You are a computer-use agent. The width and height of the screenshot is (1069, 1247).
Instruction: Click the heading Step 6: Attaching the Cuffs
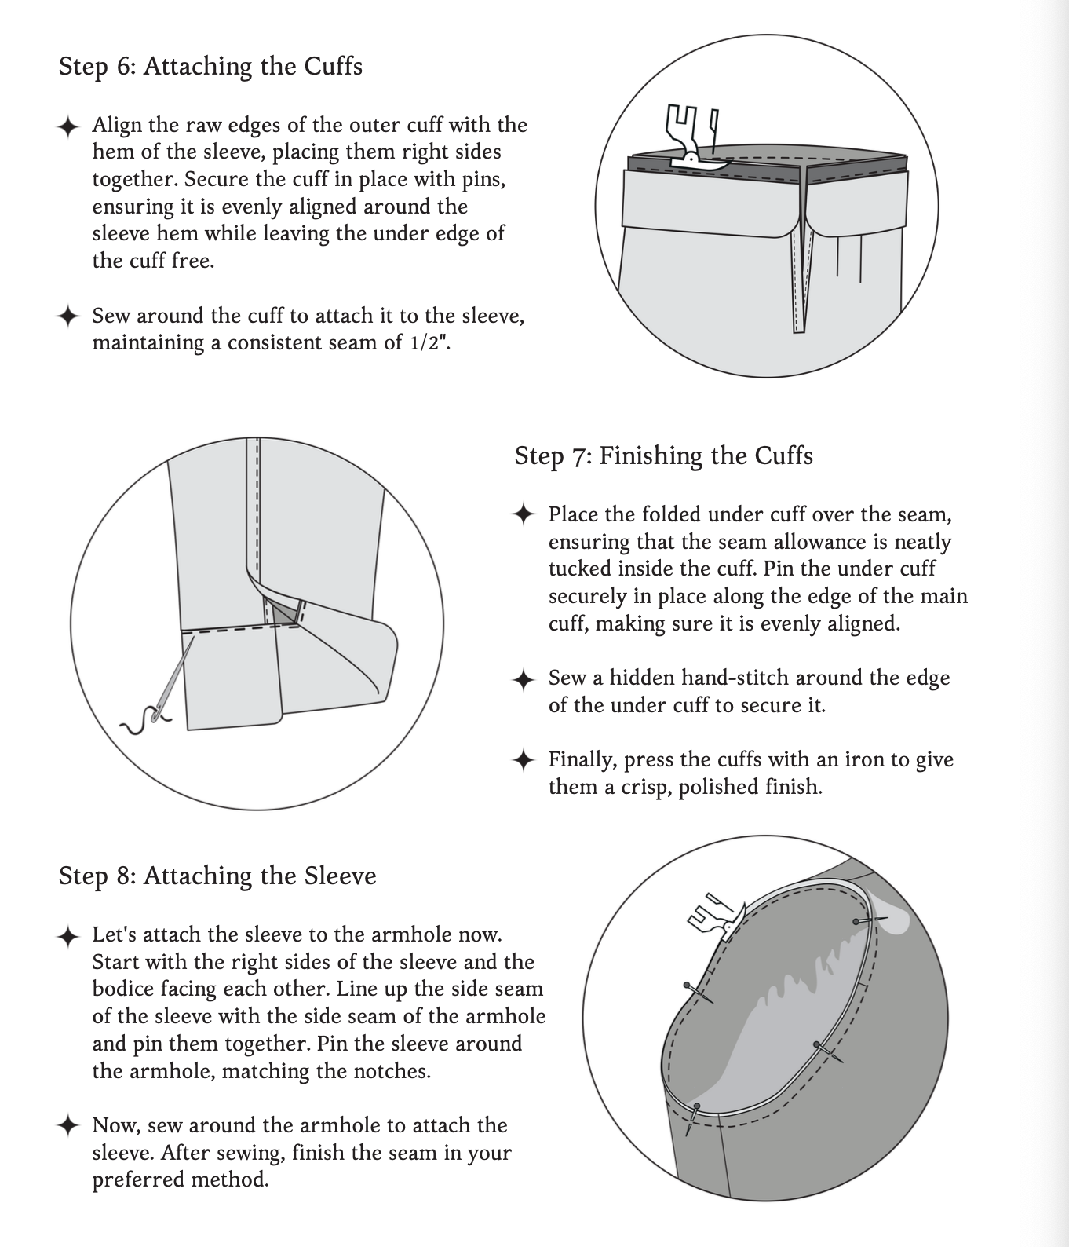(x=210, y=66)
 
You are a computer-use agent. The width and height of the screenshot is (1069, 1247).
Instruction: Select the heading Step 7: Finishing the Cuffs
(x=663, y=455)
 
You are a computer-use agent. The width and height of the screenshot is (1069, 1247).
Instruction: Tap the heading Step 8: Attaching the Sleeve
(x=217, y=876)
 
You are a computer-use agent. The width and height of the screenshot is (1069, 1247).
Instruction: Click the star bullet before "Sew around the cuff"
(x=68, y=316)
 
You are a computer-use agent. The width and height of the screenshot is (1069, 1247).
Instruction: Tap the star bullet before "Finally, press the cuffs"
(x=523, y=760)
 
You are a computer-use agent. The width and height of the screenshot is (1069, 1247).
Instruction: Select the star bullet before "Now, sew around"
(x=68, y=1125)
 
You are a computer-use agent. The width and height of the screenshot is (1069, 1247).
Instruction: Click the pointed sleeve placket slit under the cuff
(x=799, y=283)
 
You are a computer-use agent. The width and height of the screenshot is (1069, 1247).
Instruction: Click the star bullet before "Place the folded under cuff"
(x=523, y=515)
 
